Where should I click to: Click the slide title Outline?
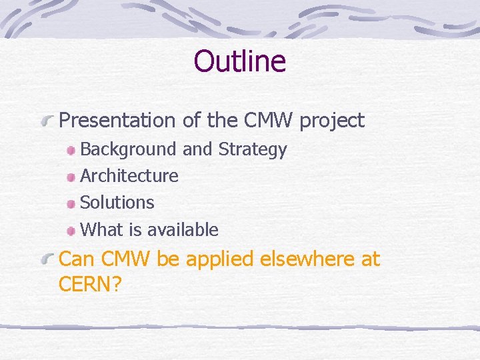pyautogui.click(x=239, y=61)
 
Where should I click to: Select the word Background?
pyautogui.click(x=129, y=149)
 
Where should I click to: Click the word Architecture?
pyautogui.click(x=129, y=176)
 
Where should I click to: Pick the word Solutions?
pyautogui.click(x=117, y=203)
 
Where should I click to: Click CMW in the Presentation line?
pyautogui.click(x=270, y=121)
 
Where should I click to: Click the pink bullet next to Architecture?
pyautogui.click(x=71, y=177)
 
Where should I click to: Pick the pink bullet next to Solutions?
pyautogui.click(x=71, y=203)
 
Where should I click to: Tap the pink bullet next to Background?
pyautogui.click(x=71, y=150)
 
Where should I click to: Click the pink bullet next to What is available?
pyautogui.click(x=71, y=231)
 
